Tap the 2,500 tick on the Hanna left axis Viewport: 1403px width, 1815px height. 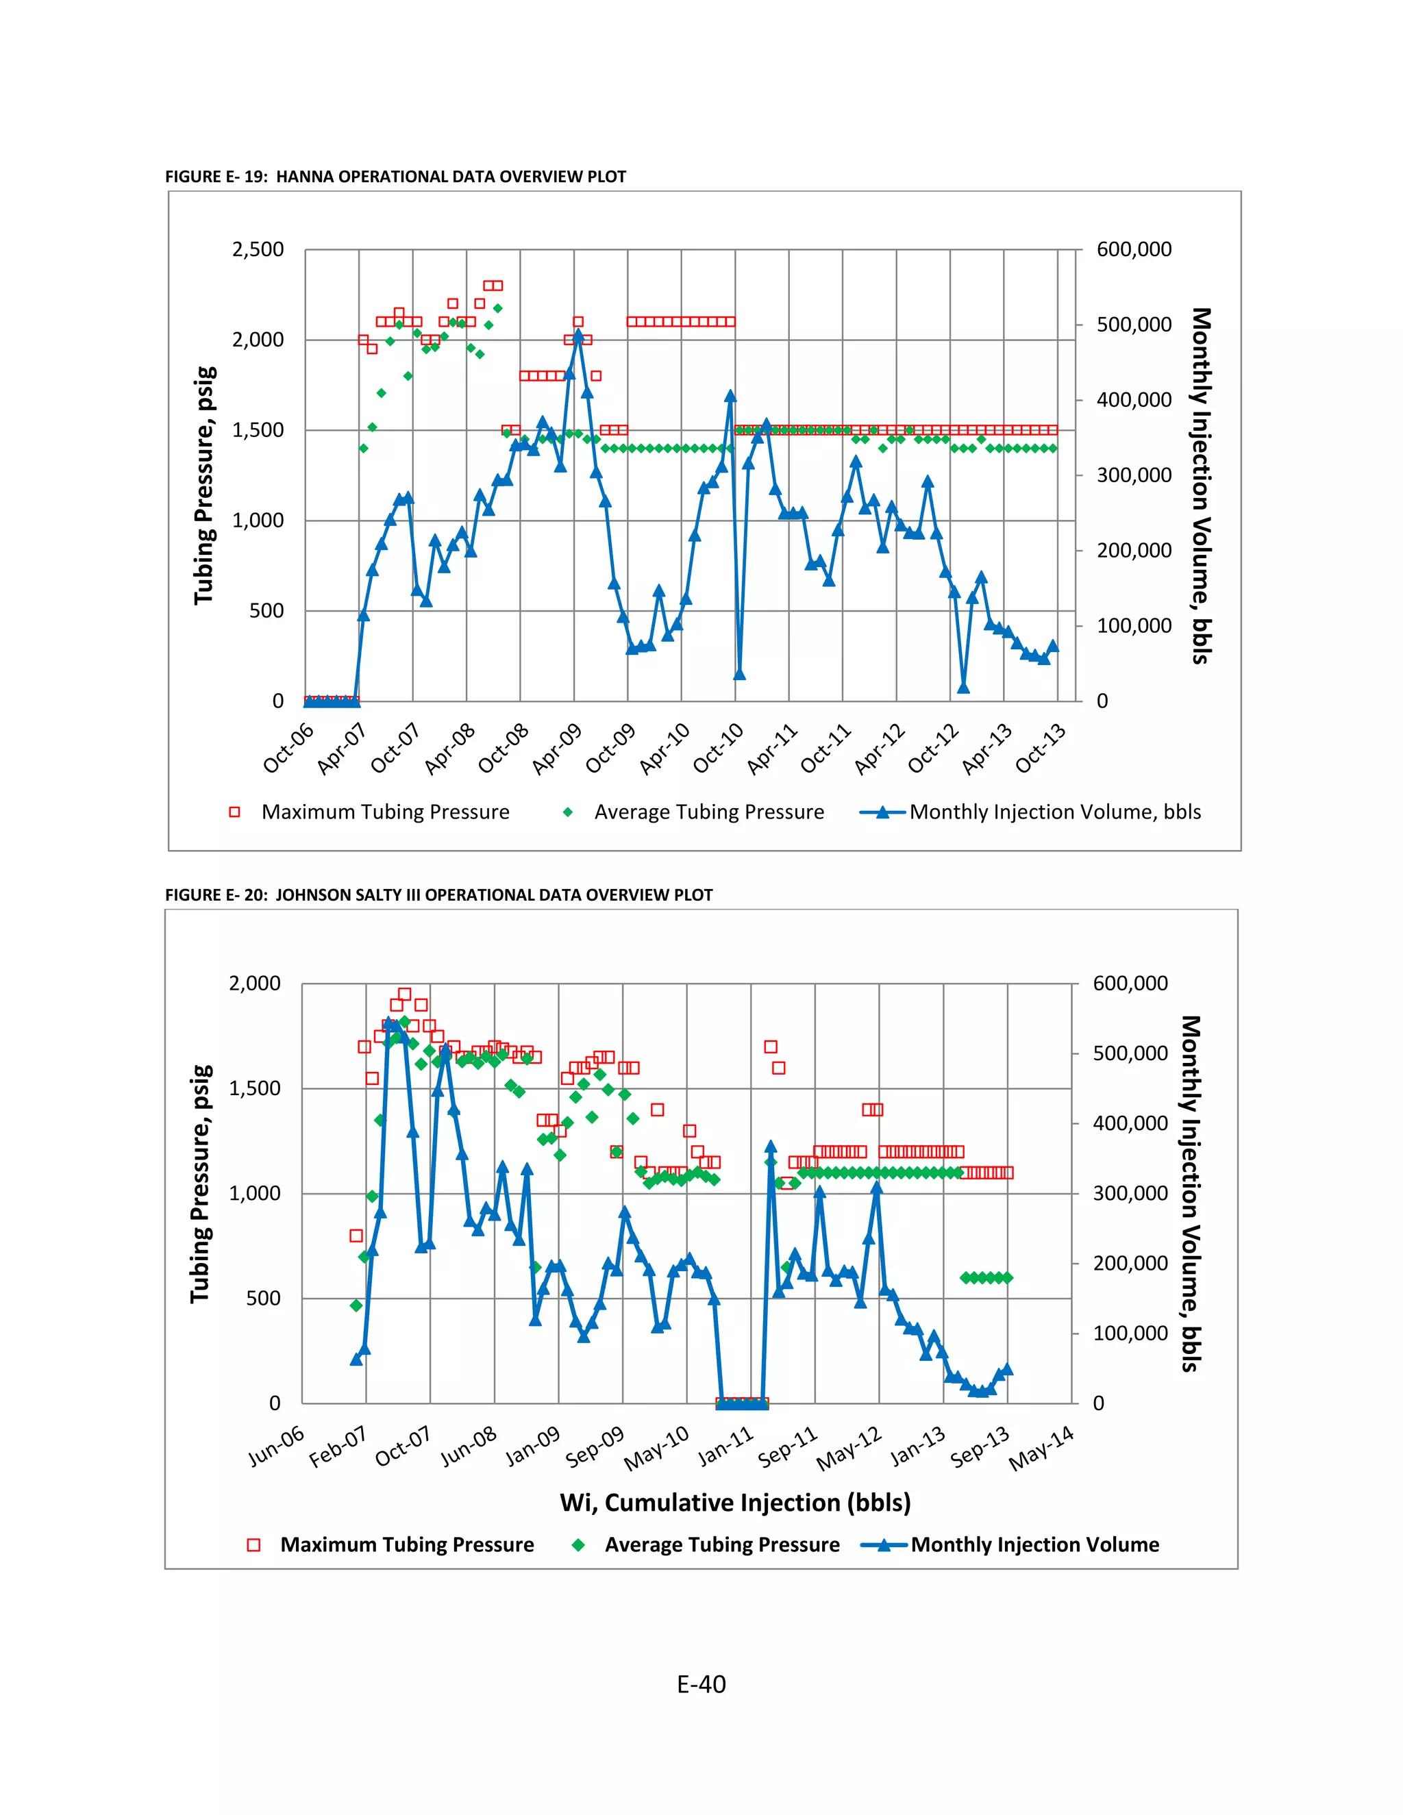tap(258, 249)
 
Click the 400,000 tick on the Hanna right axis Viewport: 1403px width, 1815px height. tap(1134, 400)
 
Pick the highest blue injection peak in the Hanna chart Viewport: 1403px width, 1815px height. tap(578, 336)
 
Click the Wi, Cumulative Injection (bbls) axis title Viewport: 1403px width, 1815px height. tap(735, 1503)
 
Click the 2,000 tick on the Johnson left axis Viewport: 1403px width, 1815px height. tap(254, 983)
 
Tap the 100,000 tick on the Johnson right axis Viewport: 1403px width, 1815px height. tap(1130, 1333)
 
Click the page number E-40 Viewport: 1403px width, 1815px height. tap(701, 1685)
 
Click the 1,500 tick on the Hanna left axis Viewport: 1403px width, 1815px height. tap(258, 429)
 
